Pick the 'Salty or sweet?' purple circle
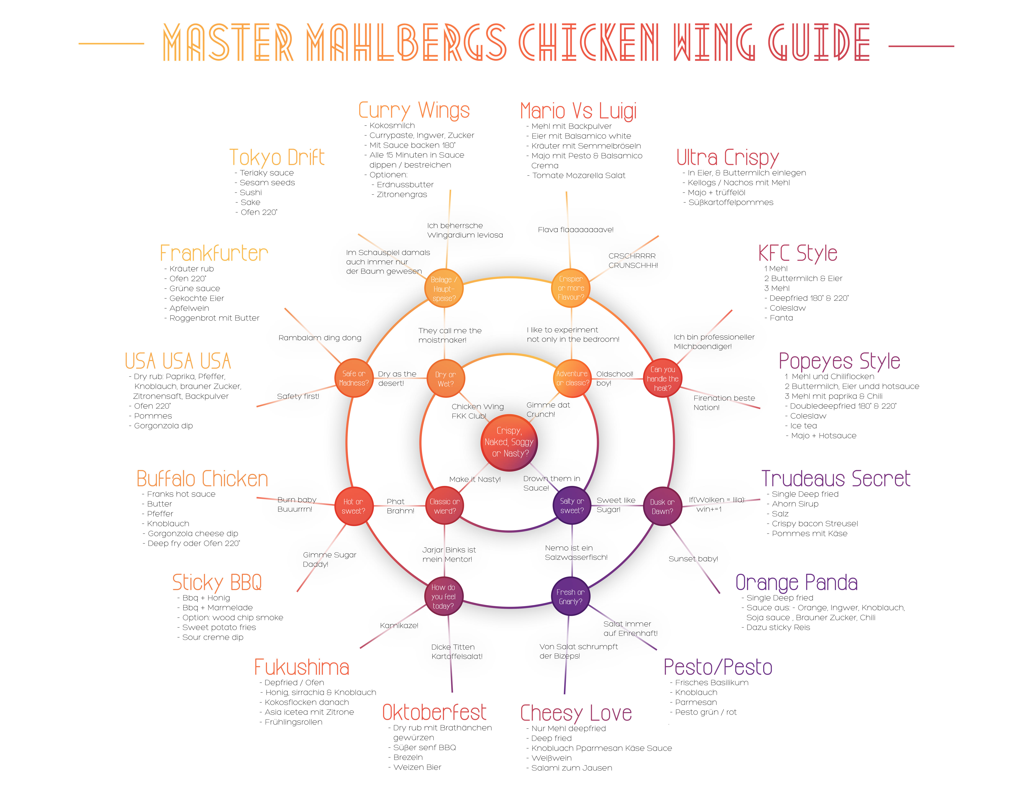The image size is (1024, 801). pos(572,506)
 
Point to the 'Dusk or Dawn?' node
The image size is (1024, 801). pos(662,506)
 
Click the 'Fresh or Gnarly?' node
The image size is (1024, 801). pos(571,597)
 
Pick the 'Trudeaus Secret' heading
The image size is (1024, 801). pos(836,479)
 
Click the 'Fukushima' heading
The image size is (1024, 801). pos(301,667)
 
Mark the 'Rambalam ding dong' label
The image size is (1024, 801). pos(320,338)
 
